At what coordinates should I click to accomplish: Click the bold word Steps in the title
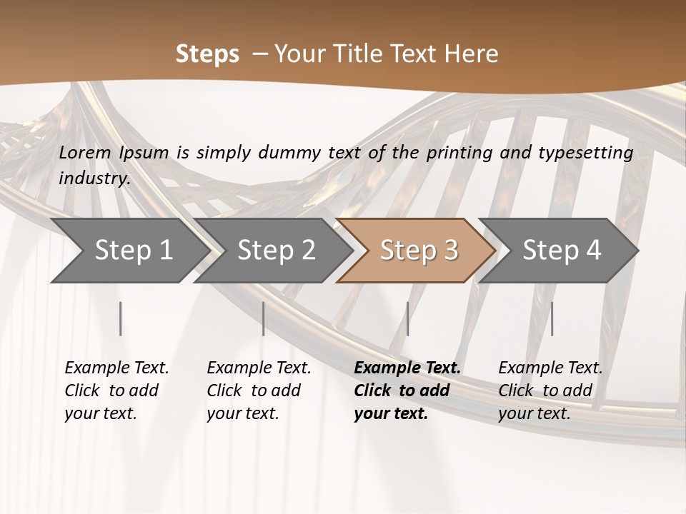click(207, 54)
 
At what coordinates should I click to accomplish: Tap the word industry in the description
click(93, 178)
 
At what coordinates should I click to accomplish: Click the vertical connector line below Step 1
click(121, 318)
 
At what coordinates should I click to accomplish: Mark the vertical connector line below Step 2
click(264, 318)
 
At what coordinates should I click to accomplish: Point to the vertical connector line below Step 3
click(407, 318)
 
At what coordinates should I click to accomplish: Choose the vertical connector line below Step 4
click(552, 318)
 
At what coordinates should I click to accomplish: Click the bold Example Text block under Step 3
click(407, 390)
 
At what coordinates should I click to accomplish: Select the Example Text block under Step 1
click(116, 390)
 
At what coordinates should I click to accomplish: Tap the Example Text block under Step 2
click(259, 390)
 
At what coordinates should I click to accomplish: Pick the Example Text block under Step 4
click(550, 390)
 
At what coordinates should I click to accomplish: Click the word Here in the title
click(476, 54)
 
